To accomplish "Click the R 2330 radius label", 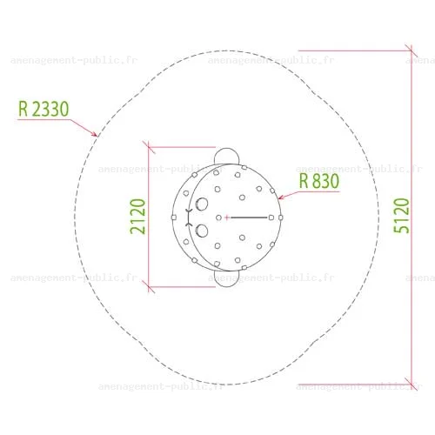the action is click(43, 109).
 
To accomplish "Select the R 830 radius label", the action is click(319, 181).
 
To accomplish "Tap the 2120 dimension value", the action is click(137, 217).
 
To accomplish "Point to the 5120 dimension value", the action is click(401, 216).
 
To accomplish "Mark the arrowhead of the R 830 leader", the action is click(280, 197).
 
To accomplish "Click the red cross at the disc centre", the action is click(227, 217).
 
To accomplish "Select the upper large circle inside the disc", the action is click(202, 204).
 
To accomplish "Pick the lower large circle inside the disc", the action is click(202, 231).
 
